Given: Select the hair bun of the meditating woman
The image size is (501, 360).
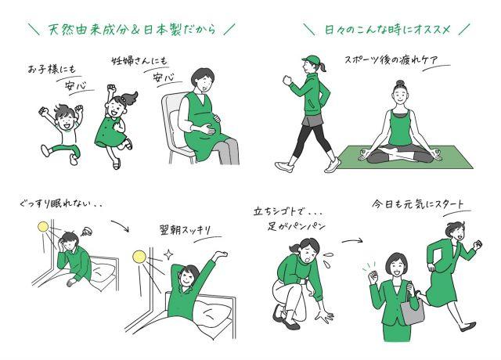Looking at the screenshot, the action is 400,83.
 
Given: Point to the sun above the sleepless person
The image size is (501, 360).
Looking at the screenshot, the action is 43,226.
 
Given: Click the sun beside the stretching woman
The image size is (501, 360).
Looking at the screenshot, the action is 139,256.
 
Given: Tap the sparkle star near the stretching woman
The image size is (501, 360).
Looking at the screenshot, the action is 168,254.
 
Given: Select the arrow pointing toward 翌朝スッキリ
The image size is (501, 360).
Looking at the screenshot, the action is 121,225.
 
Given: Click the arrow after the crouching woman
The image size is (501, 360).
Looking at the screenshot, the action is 351,240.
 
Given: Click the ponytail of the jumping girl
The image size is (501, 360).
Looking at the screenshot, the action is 131,97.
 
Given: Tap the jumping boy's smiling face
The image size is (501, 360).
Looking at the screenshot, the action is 67,121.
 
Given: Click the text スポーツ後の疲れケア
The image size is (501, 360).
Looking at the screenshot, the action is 391,60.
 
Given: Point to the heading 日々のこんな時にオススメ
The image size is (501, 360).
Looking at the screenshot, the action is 387,30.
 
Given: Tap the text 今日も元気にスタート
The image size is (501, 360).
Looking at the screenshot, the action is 417,204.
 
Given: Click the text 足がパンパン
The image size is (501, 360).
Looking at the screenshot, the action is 297,226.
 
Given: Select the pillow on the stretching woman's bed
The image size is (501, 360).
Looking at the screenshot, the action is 212,312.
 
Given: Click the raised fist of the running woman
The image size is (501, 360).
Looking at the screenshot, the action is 478,245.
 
